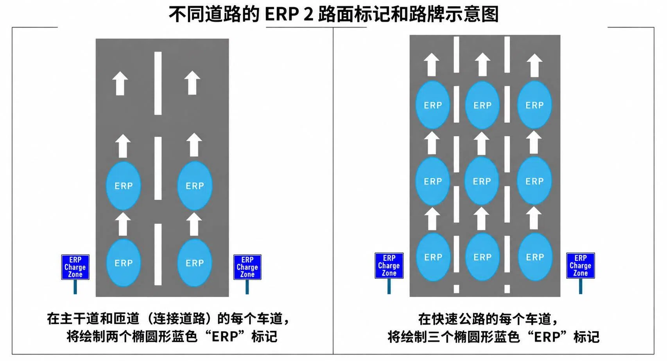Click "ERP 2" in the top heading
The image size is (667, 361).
[289, 14]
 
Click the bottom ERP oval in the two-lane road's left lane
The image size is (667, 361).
[123, 263]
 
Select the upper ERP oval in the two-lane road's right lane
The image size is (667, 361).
[195, 186]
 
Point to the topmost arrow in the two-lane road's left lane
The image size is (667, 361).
[120, 83]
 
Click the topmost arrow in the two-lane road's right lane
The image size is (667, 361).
[192, 83]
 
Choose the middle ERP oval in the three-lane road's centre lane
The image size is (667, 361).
[482, 181]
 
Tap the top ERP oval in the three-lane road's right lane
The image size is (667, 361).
[534, 105]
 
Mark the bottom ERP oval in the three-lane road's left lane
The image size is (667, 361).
[433, 257]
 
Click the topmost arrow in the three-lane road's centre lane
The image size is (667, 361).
[482, 64]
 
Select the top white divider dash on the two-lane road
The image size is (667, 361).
[158, 83]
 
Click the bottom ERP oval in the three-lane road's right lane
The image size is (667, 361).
[535, 257]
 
